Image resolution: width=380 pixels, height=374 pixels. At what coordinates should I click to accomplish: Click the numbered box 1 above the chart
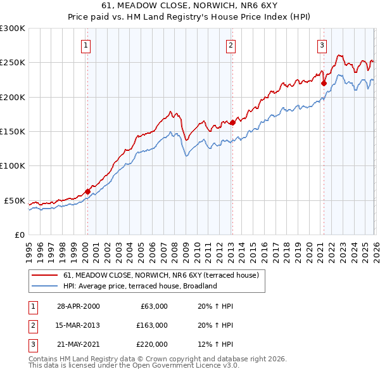coord(85,45)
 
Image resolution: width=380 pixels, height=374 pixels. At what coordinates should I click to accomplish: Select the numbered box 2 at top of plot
coord(231,45)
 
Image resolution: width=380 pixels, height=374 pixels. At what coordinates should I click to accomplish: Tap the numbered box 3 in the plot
coord(322,45)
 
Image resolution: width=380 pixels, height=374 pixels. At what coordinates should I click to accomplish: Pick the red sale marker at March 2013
coord(232,122)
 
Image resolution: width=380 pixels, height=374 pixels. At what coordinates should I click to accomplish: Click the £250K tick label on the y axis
coord(13,63)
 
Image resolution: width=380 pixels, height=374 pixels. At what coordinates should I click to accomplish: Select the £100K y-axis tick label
coord(13,165)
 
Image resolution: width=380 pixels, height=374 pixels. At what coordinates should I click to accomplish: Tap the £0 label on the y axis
coord(19,235)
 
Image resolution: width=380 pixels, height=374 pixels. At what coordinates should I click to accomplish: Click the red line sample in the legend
coord(44,276)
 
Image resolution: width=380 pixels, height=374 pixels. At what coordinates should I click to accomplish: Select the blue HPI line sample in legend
coord(44,286)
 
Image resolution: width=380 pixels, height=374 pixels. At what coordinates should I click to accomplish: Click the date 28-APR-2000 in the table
coord(78,306)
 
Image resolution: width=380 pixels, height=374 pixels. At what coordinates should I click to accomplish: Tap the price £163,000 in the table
coord(152,325)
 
